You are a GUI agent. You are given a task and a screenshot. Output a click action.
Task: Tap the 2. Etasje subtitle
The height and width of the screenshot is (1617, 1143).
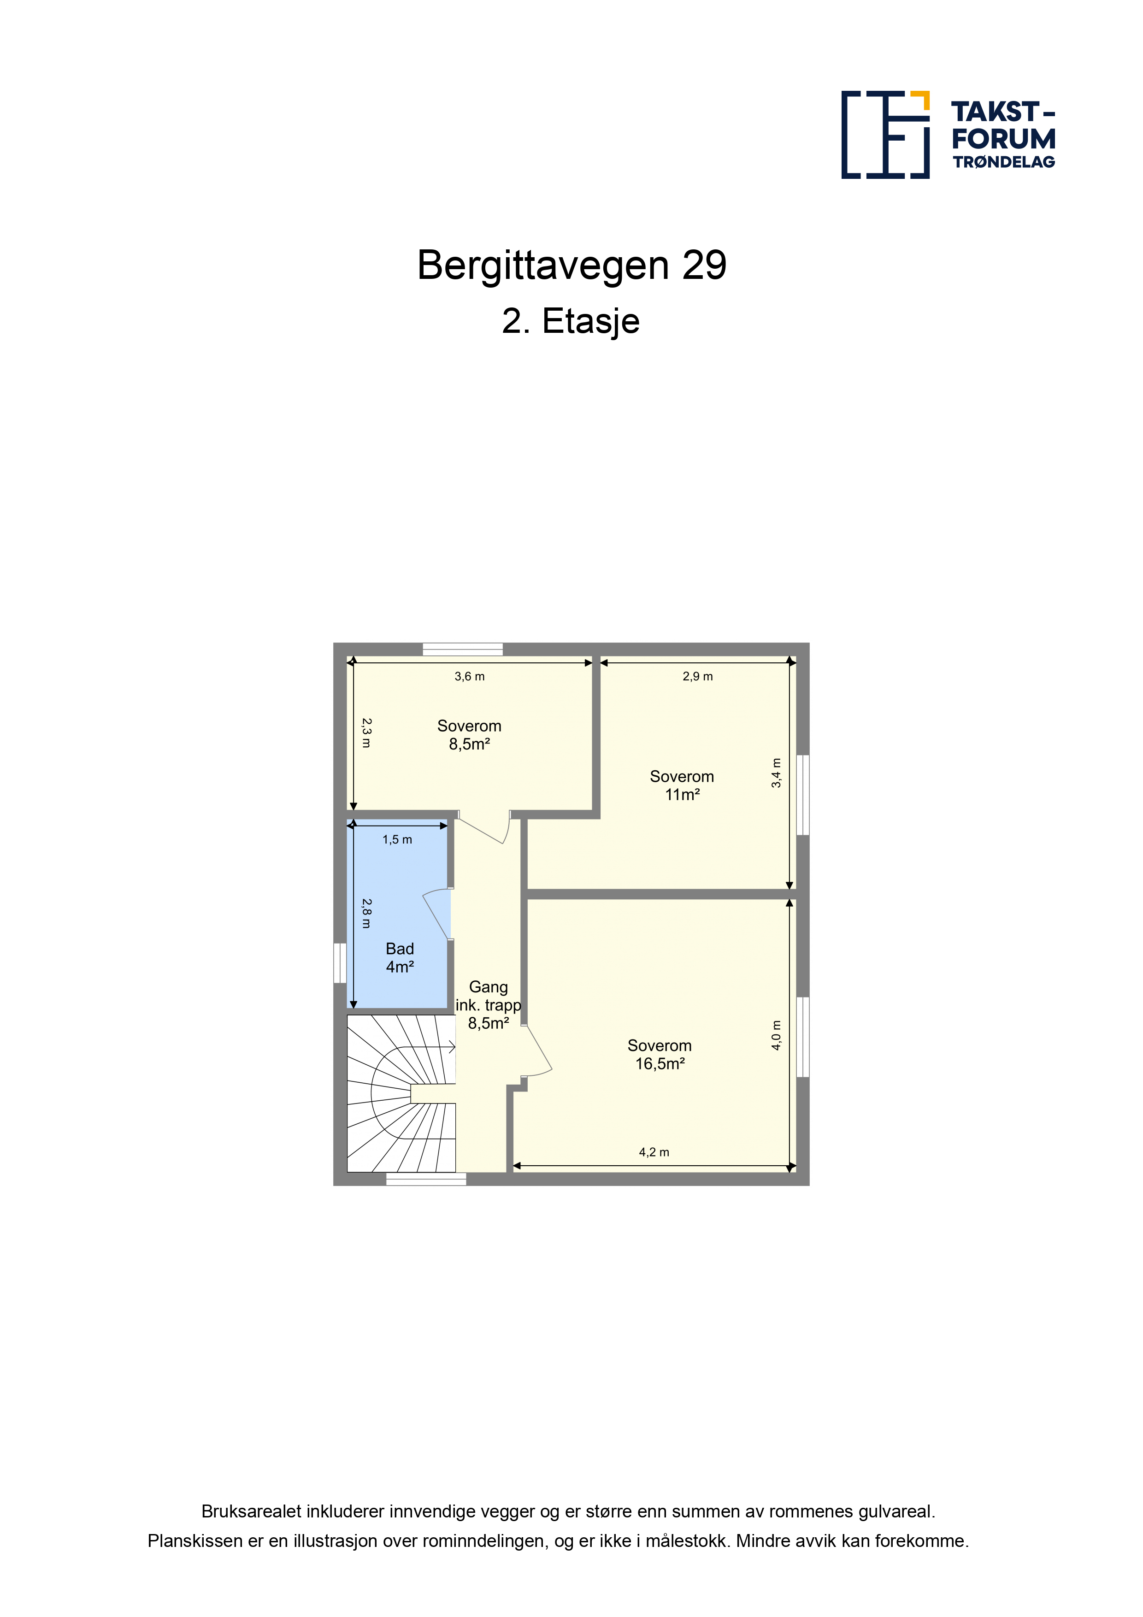pyautogui.click(x=571, y=322)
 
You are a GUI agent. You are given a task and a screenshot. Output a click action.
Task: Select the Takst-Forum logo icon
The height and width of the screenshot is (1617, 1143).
pyautogui.click(x=885, y=135)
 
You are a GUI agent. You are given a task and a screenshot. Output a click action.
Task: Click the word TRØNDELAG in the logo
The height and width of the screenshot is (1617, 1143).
pyautogui.click(x=1003, y=162)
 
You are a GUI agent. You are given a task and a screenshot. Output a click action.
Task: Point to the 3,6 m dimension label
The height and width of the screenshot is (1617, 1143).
pyautogui.click(x=470, y=677)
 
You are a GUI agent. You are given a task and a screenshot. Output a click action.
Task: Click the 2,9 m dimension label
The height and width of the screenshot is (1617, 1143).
pyautogui.click(x=698, y=677)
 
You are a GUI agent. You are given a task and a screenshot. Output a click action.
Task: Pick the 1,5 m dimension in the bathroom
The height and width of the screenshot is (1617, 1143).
pyautogui.click(x=397, y=839)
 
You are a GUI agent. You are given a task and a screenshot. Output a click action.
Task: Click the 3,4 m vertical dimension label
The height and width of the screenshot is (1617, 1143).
pyautogui.click(x=776, y=773)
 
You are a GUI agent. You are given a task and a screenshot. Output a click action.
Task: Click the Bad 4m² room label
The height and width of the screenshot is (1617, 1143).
pyautogui.click(x=400, y=958)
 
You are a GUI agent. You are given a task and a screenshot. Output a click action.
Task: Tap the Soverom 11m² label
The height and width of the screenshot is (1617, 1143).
pyautogui.click(x=682, y=785)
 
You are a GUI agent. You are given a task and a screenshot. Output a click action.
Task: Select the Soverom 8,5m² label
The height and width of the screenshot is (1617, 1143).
pyautogui.click(x=470, y=735)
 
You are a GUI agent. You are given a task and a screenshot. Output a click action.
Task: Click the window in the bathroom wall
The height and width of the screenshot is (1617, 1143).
pyautogui.click(x=340, y=963)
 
